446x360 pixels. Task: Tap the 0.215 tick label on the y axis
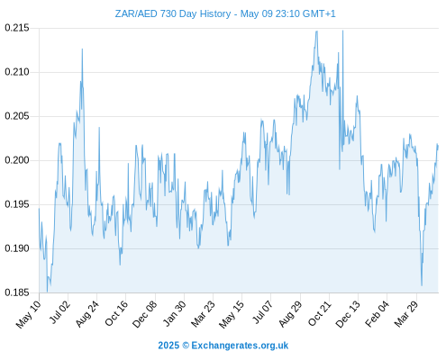(17, 28)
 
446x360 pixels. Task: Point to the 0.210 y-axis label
(17, 72)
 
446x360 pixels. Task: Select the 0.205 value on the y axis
(17, 116)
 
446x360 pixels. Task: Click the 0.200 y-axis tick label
(17, 160)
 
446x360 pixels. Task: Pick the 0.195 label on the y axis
(17, 204)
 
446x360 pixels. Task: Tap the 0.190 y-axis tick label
(17, 248)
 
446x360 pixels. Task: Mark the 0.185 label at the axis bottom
(17, 292)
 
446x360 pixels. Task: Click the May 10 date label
(29, 313)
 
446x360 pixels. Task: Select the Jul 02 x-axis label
(59, 312)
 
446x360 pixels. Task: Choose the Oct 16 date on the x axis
(116, 313)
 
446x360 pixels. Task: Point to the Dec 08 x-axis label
(145, 313)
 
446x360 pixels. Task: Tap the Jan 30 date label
(174, 313)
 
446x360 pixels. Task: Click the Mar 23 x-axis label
(203, 313)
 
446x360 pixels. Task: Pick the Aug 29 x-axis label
(290, 313)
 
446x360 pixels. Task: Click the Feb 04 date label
(377, 313)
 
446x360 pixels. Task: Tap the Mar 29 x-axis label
(406, 313)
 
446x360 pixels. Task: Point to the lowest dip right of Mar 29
(422, 285)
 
